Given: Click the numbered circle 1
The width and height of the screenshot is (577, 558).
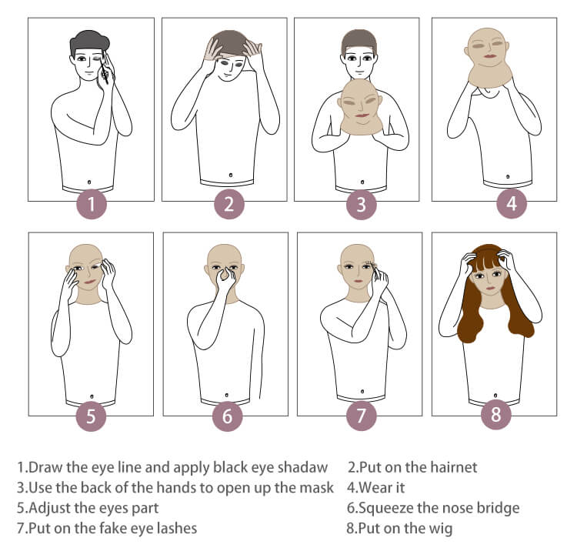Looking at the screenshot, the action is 92,203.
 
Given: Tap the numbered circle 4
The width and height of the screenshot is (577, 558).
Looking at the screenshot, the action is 512,203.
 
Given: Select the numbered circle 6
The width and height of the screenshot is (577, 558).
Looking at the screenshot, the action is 228,416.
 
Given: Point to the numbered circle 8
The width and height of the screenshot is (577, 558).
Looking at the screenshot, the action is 496,414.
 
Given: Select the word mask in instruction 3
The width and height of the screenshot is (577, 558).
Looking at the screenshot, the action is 316,487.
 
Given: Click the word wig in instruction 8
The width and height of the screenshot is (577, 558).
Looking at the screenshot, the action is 441,529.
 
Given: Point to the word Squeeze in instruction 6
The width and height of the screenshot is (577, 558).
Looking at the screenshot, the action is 386,508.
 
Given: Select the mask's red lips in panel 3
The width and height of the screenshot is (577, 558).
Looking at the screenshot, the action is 362,115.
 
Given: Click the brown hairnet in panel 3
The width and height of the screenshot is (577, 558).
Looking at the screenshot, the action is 359,42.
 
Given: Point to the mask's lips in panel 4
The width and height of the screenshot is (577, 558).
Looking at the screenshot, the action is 489,56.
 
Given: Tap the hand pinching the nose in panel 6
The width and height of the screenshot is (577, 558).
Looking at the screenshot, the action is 225,279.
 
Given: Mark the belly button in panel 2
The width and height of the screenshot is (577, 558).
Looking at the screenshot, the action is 230,175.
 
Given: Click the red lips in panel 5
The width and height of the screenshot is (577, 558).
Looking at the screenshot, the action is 90,282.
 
